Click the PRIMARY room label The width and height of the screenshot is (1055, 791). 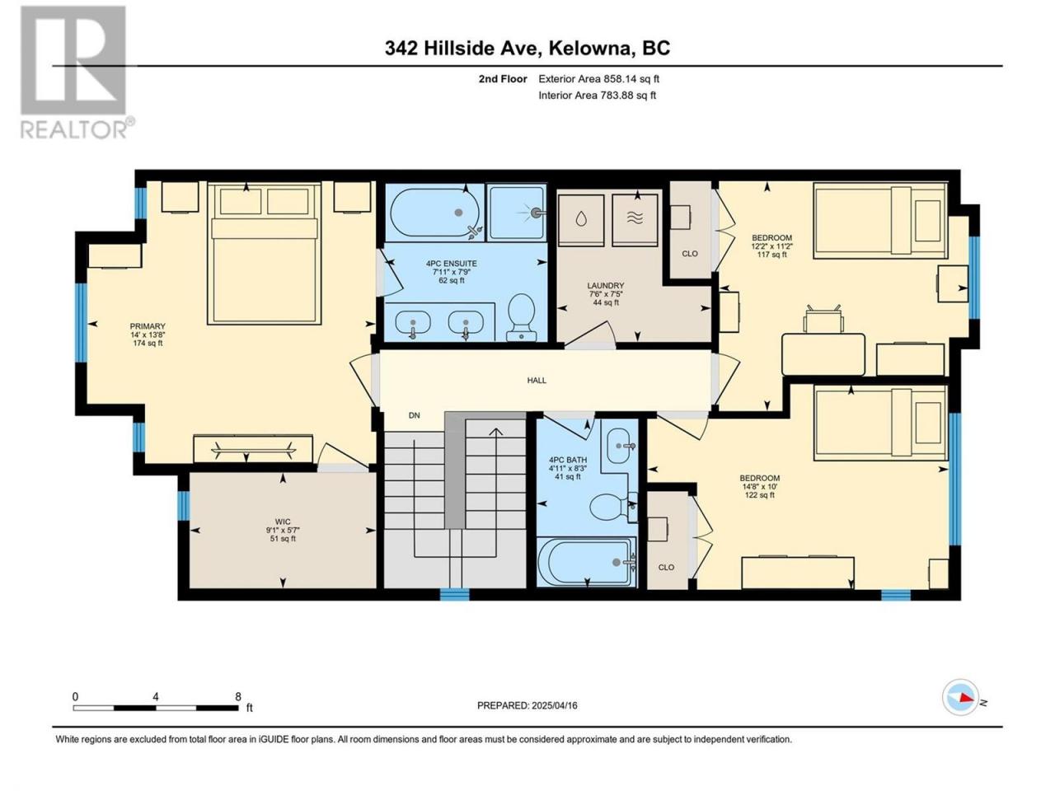click(147, 326)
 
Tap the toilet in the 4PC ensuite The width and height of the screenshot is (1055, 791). click(522, 317)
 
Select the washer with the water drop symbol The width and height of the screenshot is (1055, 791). click(580, 220)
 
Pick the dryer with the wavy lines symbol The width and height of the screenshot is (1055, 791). click(635, 220)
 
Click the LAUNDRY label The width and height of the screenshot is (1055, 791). click(605, 285)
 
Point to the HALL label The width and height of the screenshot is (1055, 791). click(537, 381)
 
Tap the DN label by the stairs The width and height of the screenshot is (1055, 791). click(414, 415)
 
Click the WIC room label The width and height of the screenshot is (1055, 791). click(283, 522)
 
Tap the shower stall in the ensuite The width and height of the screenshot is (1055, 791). click(516, 213)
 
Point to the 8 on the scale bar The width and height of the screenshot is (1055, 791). click(238, 696)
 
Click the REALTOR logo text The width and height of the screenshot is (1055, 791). click(74, 129)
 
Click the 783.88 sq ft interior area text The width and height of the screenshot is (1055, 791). click(628, 95)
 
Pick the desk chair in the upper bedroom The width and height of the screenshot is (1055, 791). click(824, 318)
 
